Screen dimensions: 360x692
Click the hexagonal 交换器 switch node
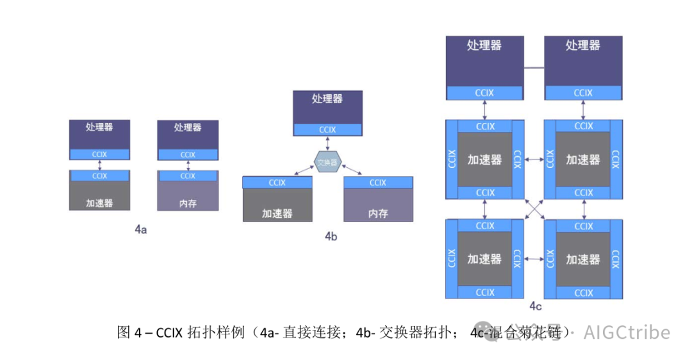click(x=327, y=163)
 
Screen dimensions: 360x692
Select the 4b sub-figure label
click(x=331, y=236)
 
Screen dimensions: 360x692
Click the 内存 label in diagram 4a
click(x=188, y=204)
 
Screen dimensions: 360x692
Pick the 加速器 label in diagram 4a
click(x=99, y=203)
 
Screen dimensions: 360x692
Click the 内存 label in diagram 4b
click(x=378, y=213)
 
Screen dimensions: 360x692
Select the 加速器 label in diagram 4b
click(x=277, y=213)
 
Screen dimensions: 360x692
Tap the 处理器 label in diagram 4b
click(x=327, y=99)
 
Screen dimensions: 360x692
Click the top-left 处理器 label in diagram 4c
click(x=484, y=45)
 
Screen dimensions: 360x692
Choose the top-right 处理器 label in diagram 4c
click(x=582, y=45)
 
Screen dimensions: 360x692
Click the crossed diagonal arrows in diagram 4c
click(x=534, y=208)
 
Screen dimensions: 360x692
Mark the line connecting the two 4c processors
click(x=534, y=67)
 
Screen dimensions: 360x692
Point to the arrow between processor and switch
click(x=327, y=144)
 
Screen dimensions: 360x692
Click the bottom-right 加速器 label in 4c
click(x=582, y=259)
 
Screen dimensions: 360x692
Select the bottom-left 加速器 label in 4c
click(x=484, y=259)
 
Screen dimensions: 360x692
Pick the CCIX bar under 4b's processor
click(x=327, y=129)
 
